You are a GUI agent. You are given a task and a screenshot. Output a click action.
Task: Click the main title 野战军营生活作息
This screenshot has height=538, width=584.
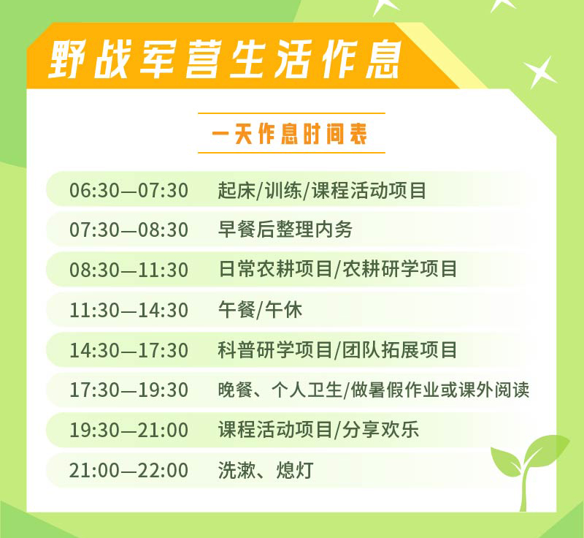click(226, 59)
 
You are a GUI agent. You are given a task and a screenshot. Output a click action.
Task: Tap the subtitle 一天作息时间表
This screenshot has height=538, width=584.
click(290, 133)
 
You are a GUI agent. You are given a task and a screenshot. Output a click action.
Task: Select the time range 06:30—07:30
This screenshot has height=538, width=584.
click(128, 190)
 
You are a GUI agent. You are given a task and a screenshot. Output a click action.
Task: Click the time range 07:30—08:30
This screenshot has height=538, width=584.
click(128, 230)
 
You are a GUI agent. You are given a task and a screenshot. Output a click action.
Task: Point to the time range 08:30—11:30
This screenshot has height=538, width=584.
click(128, 270)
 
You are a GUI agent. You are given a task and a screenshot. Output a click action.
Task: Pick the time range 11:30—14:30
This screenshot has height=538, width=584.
click(128, 310)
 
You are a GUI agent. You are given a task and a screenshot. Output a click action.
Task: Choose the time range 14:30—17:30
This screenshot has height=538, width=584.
click(128, 350)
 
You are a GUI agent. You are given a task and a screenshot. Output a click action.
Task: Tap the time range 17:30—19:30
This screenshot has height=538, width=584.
click(128, 390)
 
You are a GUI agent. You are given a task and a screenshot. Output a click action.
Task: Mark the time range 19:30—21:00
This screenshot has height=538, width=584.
click(128, 430)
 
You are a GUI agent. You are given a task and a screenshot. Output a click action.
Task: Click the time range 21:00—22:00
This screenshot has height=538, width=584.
click(128, 470)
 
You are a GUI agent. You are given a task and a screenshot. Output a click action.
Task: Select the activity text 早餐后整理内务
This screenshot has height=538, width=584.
click(285, 230)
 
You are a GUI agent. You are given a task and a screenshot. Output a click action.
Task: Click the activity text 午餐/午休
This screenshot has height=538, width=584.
click(260, 310)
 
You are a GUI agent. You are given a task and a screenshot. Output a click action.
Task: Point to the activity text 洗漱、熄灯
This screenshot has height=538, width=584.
click(266, 470)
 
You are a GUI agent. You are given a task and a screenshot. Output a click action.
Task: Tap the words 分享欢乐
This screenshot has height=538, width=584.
click(380, 430)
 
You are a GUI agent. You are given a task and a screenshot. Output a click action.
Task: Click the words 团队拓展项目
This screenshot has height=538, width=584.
click(399, 349)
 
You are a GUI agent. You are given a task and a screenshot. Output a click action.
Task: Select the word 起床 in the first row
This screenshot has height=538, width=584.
click(237, 190)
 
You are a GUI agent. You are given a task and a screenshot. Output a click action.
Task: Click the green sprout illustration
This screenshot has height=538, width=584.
click(529, 471)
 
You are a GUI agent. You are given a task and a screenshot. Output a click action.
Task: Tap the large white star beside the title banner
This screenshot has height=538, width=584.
click(540, 72)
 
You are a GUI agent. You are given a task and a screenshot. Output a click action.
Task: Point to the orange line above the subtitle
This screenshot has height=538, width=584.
click(291, 113)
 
